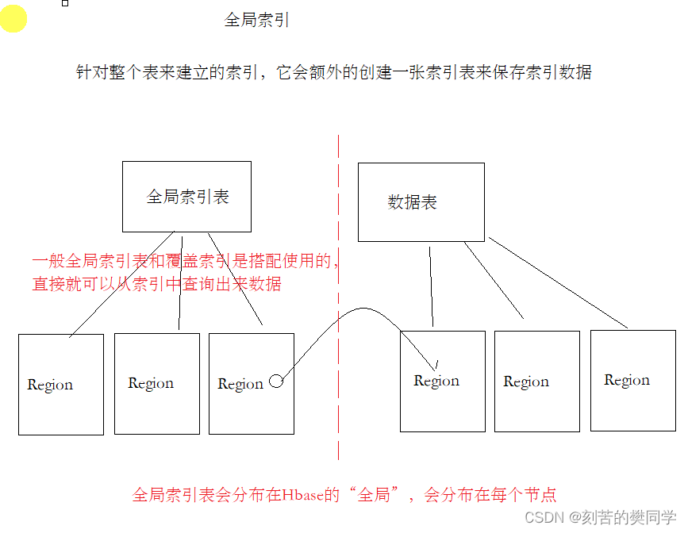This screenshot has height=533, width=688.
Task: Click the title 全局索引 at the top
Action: click(x=257, y=20)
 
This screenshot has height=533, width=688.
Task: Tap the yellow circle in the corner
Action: click(x=13, y=19)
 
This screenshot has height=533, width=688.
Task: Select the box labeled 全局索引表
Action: click(x=186, y=196)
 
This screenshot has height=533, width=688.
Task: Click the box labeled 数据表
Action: click(x=421, y=201)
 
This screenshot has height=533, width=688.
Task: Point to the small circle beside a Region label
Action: click(x=276, y=382)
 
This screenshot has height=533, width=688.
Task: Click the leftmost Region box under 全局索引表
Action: click(x=61, y=384)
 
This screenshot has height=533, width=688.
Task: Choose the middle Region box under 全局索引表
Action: click(x=156, y=383)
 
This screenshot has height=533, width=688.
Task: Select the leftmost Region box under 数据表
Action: click(x=442, y=382)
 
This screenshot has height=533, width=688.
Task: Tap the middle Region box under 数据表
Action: click(x=536, y=382)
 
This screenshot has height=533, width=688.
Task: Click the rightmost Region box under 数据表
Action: click(x=632, y=381)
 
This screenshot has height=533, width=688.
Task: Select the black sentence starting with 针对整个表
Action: click(x=333, y=72)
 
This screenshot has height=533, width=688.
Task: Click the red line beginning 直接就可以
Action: click(x=156, y=283)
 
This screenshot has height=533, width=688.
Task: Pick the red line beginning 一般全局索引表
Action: click(x=186, y=260)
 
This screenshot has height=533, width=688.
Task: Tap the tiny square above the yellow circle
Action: click(x=65, y=2)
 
